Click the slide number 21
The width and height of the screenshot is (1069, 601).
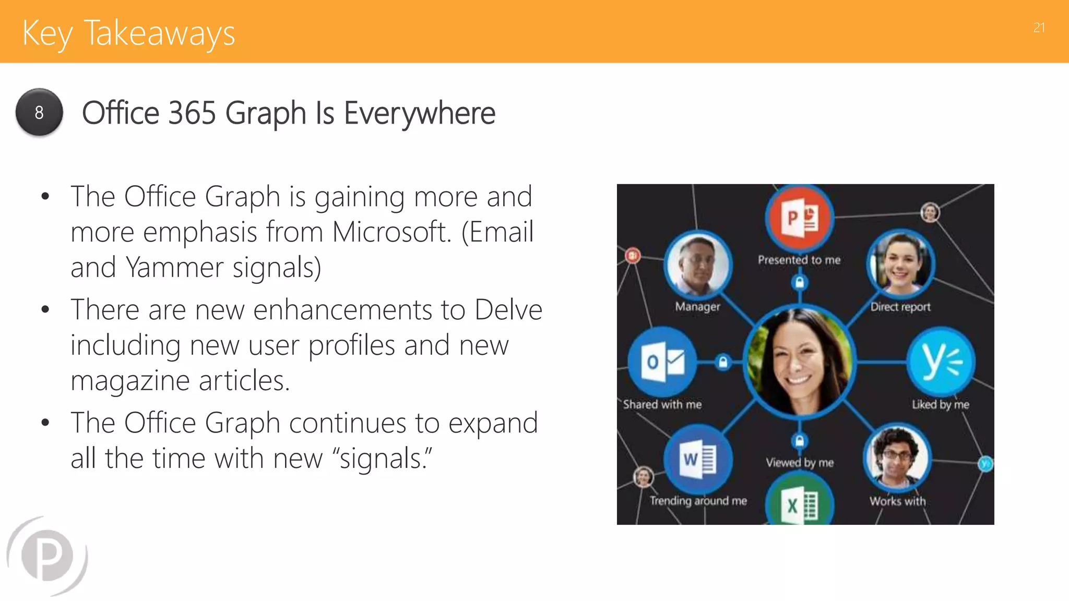pos(1039,28)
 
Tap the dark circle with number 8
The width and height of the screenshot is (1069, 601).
pos(39,112)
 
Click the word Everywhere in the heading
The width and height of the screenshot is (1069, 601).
pos(419,113)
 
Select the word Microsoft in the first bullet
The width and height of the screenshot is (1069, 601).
pos(391,232)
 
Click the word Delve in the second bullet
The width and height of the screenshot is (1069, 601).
pos(508,309)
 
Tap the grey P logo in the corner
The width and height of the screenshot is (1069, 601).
pos(47,556)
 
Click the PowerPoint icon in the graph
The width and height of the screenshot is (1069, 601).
pos(799,218)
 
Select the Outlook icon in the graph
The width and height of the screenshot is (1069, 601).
pos(662,362)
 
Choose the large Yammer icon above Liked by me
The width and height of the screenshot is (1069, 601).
pos(940,362)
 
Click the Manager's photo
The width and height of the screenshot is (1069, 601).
pos(698,265)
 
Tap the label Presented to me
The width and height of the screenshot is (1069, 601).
pos(799,260)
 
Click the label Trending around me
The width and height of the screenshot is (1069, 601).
pos(698,501)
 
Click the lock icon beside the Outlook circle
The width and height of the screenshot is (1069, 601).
pos(723,362)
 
